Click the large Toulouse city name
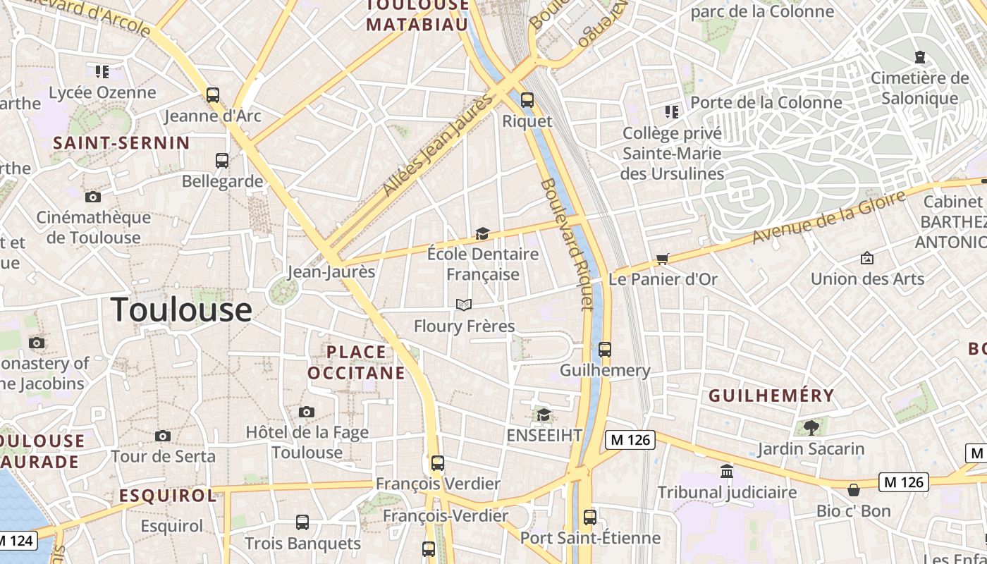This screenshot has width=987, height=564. [x=181, y=309]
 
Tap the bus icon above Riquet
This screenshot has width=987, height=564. [x=527, y=100]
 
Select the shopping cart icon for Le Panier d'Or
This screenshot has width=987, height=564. [x=662, y=259]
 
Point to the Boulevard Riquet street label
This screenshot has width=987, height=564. [x=568, y=244]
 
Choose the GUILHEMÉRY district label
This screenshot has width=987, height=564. [x=771, y=396]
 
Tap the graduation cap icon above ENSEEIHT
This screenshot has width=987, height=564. [x=544, y=415]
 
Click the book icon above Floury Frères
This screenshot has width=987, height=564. [x=463, y=305]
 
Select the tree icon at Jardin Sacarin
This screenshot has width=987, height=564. [x=811, y=427]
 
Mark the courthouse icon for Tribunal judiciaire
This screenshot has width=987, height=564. [x=727, y=470]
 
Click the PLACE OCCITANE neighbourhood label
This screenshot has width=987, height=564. [x=356, y=362]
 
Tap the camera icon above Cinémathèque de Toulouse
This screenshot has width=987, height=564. [x=92, y=197]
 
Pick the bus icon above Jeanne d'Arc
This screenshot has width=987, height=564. [x=212, y=94]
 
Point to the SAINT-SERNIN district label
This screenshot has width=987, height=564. [x=121, y=143]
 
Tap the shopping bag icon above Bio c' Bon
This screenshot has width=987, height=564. [x=853, y=489]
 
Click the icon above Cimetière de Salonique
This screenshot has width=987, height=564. [x=919, y=56]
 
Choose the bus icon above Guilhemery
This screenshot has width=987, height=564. [x=604, y=349]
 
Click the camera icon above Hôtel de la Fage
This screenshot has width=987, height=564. [x=306, y=412]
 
